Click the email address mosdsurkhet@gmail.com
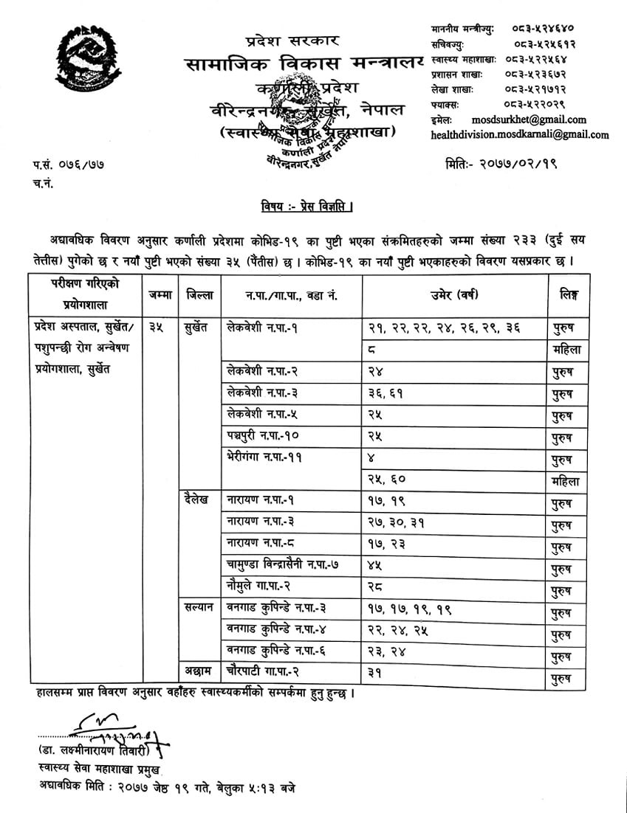tap(528, 120)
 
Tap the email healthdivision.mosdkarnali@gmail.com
tap(520, 134)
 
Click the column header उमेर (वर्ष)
tap(454, 295)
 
